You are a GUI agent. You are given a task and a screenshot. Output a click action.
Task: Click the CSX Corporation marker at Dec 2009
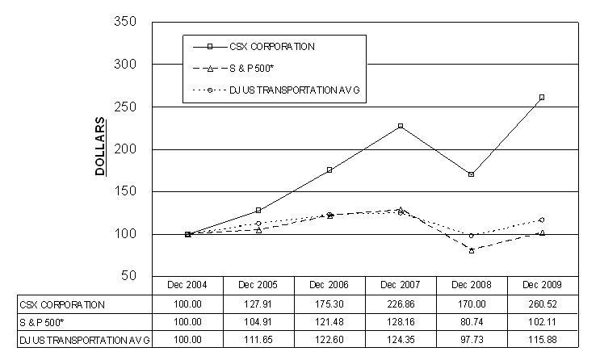pyautogui.click(x=542, y=98)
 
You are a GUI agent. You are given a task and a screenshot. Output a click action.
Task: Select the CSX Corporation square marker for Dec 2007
pyautogui.click(x=401, y=126)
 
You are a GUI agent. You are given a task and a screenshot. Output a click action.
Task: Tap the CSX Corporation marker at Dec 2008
pyautogui.click(x=471, y=174)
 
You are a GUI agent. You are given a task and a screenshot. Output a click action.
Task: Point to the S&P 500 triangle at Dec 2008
pyautogui.click(x=472, y=250)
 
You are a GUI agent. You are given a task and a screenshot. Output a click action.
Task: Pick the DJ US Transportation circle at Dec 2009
pyautogui.click(x=542, y=220)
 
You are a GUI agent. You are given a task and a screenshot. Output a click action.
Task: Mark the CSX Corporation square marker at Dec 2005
pyautogui.click(x=258, y=210)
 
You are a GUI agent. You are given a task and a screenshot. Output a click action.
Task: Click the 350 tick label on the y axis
pyautogui.click(x=125, y=22)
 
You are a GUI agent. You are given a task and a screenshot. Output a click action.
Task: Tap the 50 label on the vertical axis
pyautogui.click(x=129, y=275)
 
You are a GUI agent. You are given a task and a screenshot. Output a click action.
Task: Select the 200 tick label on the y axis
pyautogui.click(x=125, y=149)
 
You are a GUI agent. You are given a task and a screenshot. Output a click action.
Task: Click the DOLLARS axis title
pyautogui.click(x=100, y=147)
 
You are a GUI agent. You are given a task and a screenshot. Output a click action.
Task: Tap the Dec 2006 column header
pyautogui.click(x=329, y=285)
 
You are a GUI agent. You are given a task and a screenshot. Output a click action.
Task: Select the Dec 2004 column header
pyautogui.click(x=187, y=285)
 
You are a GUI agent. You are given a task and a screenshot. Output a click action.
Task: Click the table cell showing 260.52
pyautogui.click(x=542, y=304)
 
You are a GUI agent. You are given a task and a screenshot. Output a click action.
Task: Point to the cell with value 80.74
pyautogui.click(x=472, y=322)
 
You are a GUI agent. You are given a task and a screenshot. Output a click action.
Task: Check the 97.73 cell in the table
pyautogui.click(x=472, y=340)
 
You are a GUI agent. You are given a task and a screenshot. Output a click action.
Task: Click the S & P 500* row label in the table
pyautogui.click(x=42, y=323)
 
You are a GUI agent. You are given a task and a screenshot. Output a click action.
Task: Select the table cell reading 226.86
pyautogui.click(x=401, y=304)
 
